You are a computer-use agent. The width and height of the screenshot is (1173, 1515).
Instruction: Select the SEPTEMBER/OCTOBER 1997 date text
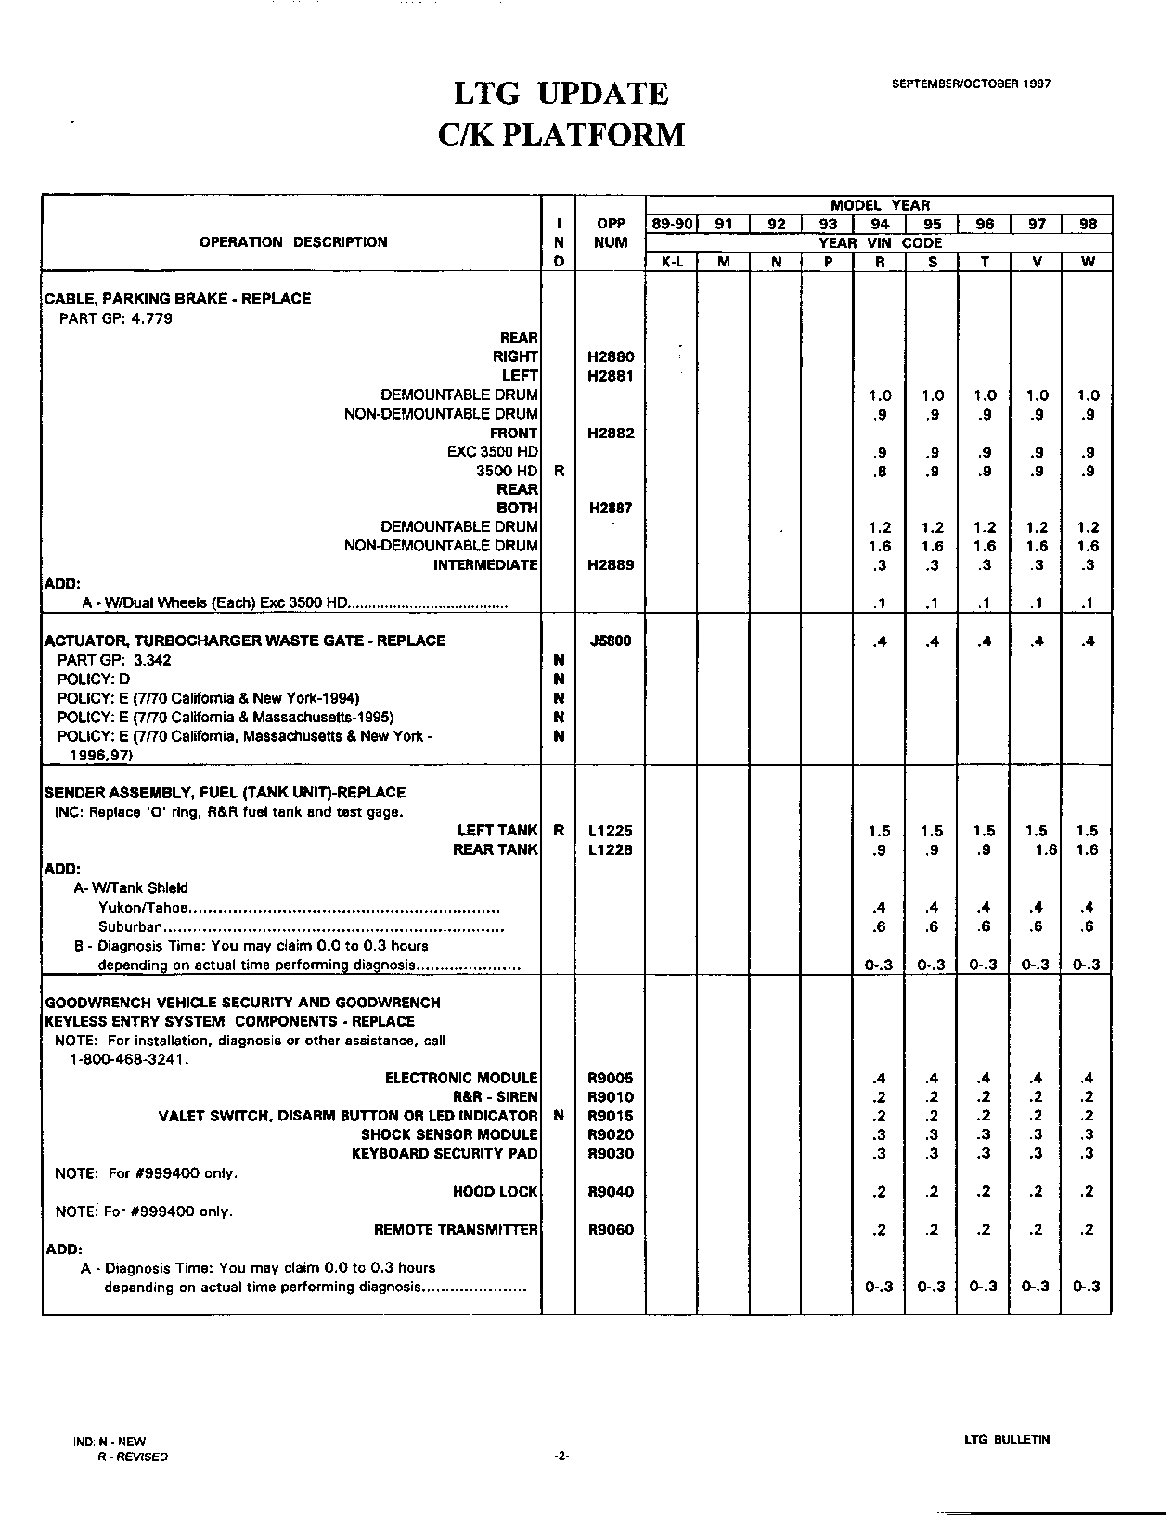coord(971,84)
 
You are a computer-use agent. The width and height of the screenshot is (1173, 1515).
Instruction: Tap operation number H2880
coord(611,356)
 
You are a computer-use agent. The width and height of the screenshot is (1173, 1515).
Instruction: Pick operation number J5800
coord(611,641)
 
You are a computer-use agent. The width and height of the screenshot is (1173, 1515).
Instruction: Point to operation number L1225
coord(611,831)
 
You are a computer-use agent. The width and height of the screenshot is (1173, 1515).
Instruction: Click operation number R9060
coord(611,1230)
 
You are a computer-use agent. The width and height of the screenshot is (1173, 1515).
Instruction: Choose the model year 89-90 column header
coord(671,224)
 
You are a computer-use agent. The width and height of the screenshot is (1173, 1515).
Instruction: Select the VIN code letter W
coord(1088,262)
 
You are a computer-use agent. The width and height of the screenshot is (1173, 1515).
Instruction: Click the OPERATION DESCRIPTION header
coord(293,242)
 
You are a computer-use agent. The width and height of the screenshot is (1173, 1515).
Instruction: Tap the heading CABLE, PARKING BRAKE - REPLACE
coord(178,299)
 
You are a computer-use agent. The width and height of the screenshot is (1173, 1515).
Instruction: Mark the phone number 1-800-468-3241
coord(130,1059)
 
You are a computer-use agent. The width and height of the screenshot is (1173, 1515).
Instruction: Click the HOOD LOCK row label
coord(495,1192)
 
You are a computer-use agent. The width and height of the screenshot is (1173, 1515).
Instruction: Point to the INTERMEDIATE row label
coord(485,565)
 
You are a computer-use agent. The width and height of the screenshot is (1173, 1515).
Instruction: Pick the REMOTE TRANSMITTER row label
coord(456,1230)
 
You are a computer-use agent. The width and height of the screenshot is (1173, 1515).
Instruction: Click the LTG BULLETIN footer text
coord(1007,1440)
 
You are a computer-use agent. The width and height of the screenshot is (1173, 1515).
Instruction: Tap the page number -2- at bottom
coord(561,1457)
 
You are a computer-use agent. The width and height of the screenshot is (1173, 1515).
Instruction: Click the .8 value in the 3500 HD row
coord(880,472)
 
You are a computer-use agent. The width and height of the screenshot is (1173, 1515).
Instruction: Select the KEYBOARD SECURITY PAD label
coord(445,1154)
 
